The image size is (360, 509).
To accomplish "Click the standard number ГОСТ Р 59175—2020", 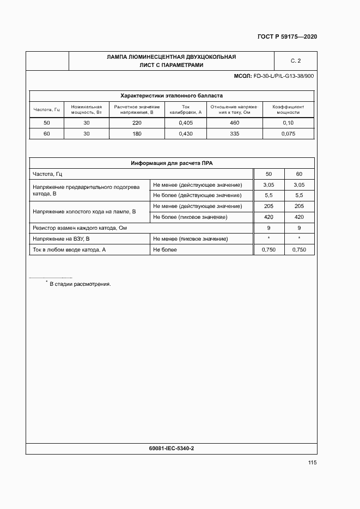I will click(x=287, y=37).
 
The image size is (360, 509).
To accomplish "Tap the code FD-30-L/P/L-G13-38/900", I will click(x=283, y=76).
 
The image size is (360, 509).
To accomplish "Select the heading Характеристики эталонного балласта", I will click(x=172, y=95).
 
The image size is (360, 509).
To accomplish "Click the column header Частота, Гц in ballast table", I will click(x=46, y=109).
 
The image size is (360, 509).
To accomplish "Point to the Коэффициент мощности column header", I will click(x=288, y=109).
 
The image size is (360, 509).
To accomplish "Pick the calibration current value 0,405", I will click(x=186, y=123).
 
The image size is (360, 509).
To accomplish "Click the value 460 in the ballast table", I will click(x=234, y=123).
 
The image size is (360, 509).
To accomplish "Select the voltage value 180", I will click(x=137, y=133).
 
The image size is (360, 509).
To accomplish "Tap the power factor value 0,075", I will click(x=288, y=133).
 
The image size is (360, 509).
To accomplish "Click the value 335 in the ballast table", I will click(x=234, y=133).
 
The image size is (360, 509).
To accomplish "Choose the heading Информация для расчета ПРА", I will click(x=172, y=163).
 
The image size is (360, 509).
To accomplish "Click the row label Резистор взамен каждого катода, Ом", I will click(x=80, y=228).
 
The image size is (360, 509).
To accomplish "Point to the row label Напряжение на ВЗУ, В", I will click(x=61, y=239).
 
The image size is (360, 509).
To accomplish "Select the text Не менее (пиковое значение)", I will click(x=191, y=239).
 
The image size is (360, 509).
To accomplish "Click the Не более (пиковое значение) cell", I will click(x=190, y=217).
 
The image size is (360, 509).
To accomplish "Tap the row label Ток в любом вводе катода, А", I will click(x=69, y=250).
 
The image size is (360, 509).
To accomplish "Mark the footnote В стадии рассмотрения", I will click(x=80, y=284).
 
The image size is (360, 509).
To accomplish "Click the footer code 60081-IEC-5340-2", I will click(x=172, y=448).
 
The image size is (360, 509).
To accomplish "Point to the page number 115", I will click(x=312, y=463).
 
